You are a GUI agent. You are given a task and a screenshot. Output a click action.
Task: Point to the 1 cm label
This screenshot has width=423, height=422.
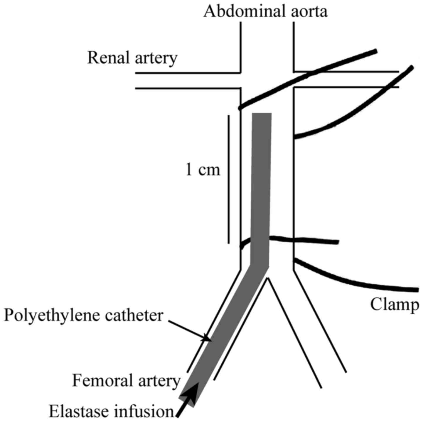pyautogui.click(x=203, y=170)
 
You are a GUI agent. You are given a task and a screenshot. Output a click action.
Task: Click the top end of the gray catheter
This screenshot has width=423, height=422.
pyautogui.click(x=262, y=115)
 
